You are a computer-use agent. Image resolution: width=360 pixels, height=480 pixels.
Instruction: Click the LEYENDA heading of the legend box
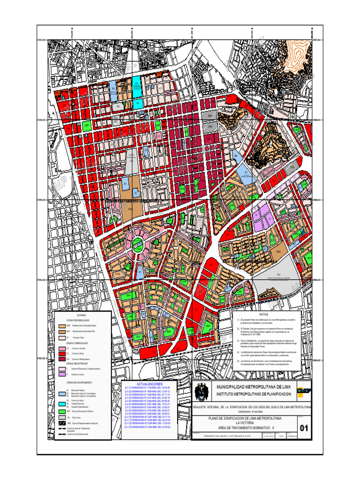point(82,315)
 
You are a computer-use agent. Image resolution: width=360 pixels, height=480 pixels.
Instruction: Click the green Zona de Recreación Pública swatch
point(61,411)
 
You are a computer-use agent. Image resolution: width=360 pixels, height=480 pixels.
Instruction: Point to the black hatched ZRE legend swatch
point(61,423)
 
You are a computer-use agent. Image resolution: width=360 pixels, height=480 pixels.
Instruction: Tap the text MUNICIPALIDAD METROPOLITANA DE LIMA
point(251,387)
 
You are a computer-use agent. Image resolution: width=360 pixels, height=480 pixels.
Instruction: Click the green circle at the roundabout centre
point(137,242)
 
